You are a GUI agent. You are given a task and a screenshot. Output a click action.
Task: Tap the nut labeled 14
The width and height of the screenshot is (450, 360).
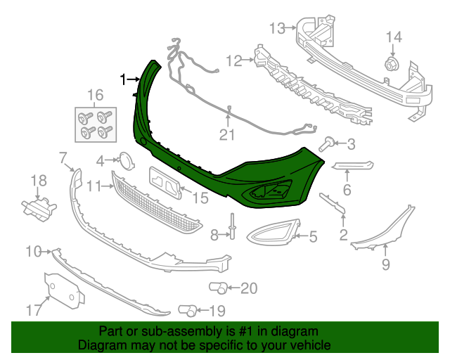pyautogui.click(x=392, y=66)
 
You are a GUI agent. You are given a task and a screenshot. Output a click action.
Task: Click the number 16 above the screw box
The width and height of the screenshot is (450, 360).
pyautogui.click(x=95, y=95)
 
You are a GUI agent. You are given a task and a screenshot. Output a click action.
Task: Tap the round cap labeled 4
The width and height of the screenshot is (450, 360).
pyautogui.click(x=125, y=160)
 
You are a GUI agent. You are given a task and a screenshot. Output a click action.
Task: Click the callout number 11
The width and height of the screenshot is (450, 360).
pyautogui.click(x=96, y=186)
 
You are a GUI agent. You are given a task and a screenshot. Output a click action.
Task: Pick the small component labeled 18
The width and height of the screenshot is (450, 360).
pyautogui.click(x=39, y=206)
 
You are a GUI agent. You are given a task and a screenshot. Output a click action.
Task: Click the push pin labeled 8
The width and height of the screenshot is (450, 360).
pyautogui.click(x=231, y=226)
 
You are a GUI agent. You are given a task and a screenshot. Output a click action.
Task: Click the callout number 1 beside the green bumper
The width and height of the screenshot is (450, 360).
pyautogui.click(x=124, y=79)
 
